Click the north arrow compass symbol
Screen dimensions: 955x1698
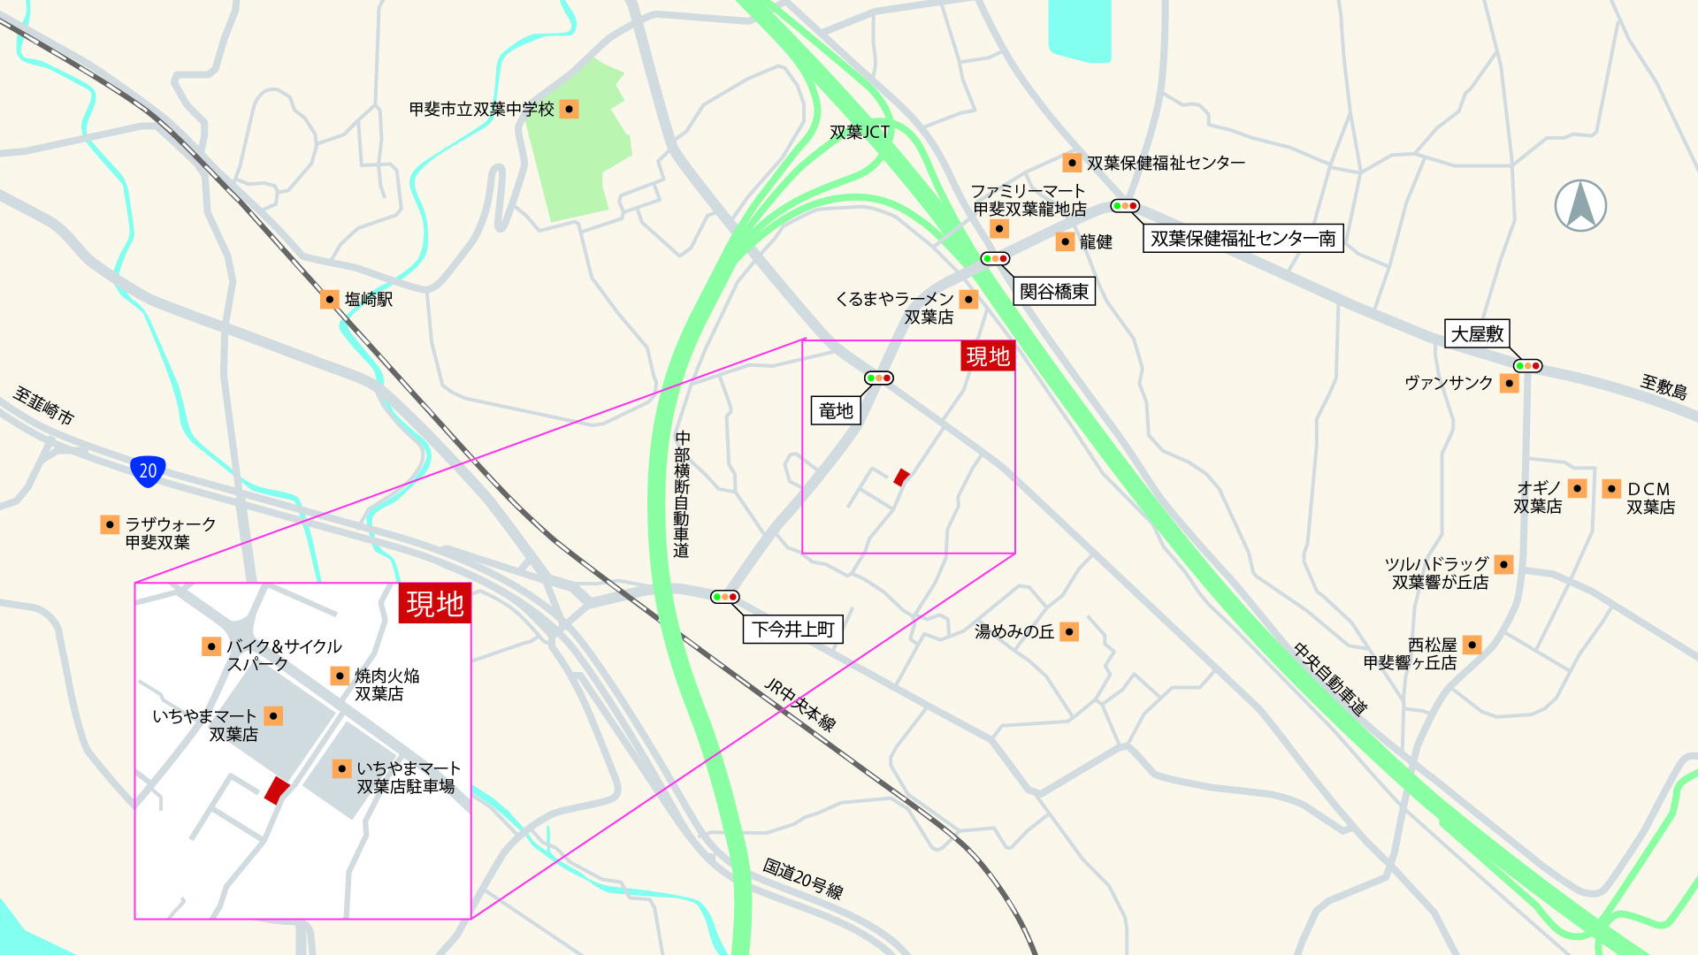1580,205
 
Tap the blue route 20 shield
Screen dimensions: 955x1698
148,470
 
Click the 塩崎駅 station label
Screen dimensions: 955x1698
368,299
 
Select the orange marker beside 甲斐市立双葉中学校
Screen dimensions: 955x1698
570,109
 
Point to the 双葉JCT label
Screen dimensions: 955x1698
859,132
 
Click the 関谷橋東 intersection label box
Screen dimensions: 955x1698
1054,291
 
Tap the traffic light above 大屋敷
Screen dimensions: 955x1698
1527,365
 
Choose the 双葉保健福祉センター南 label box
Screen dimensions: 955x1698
1243,238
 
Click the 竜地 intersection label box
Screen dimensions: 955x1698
836,410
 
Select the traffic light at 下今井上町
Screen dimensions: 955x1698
724,597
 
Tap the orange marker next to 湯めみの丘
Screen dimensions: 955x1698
1069,631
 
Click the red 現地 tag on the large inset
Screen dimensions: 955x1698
434,604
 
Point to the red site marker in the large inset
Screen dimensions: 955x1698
277,790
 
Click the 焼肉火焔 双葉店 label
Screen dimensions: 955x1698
386,684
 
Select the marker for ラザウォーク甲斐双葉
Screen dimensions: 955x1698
110,524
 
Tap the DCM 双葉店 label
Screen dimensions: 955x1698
1649,498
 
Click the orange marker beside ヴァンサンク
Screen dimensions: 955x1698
1510,383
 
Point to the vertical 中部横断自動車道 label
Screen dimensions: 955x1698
681,494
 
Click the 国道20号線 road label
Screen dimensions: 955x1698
803,878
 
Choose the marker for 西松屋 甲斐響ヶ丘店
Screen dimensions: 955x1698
1472,645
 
